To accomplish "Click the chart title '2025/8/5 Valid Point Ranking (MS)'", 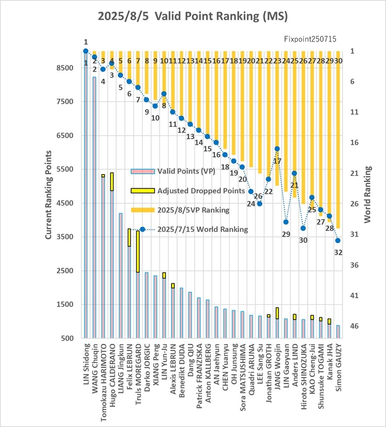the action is [193, 16].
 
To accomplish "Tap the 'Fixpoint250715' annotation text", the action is [310, 39].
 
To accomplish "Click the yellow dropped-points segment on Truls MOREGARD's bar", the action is [138, 252].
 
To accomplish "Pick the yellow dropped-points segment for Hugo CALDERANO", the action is [112, 182].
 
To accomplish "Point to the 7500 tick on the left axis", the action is [65, 101].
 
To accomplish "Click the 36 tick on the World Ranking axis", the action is [354, 265].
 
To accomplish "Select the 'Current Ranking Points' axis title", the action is [49, 195].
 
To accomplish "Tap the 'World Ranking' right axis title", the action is [367, 194].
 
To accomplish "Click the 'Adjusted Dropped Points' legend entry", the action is [188, 191].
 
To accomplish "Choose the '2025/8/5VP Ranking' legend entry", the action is [180, 210].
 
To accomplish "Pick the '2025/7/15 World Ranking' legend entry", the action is [190, 229].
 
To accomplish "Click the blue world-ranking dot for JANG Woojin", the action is [277, 149].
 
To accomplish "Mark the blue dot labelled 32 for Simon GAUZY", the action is [338, 240].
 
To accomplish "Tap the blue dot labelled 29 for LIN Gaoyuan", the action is [286, 222].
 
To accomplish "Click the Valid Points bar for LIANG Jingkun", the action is [121, 275].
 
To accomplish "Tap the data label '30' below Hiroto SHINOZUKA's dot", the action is [303, 240].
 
